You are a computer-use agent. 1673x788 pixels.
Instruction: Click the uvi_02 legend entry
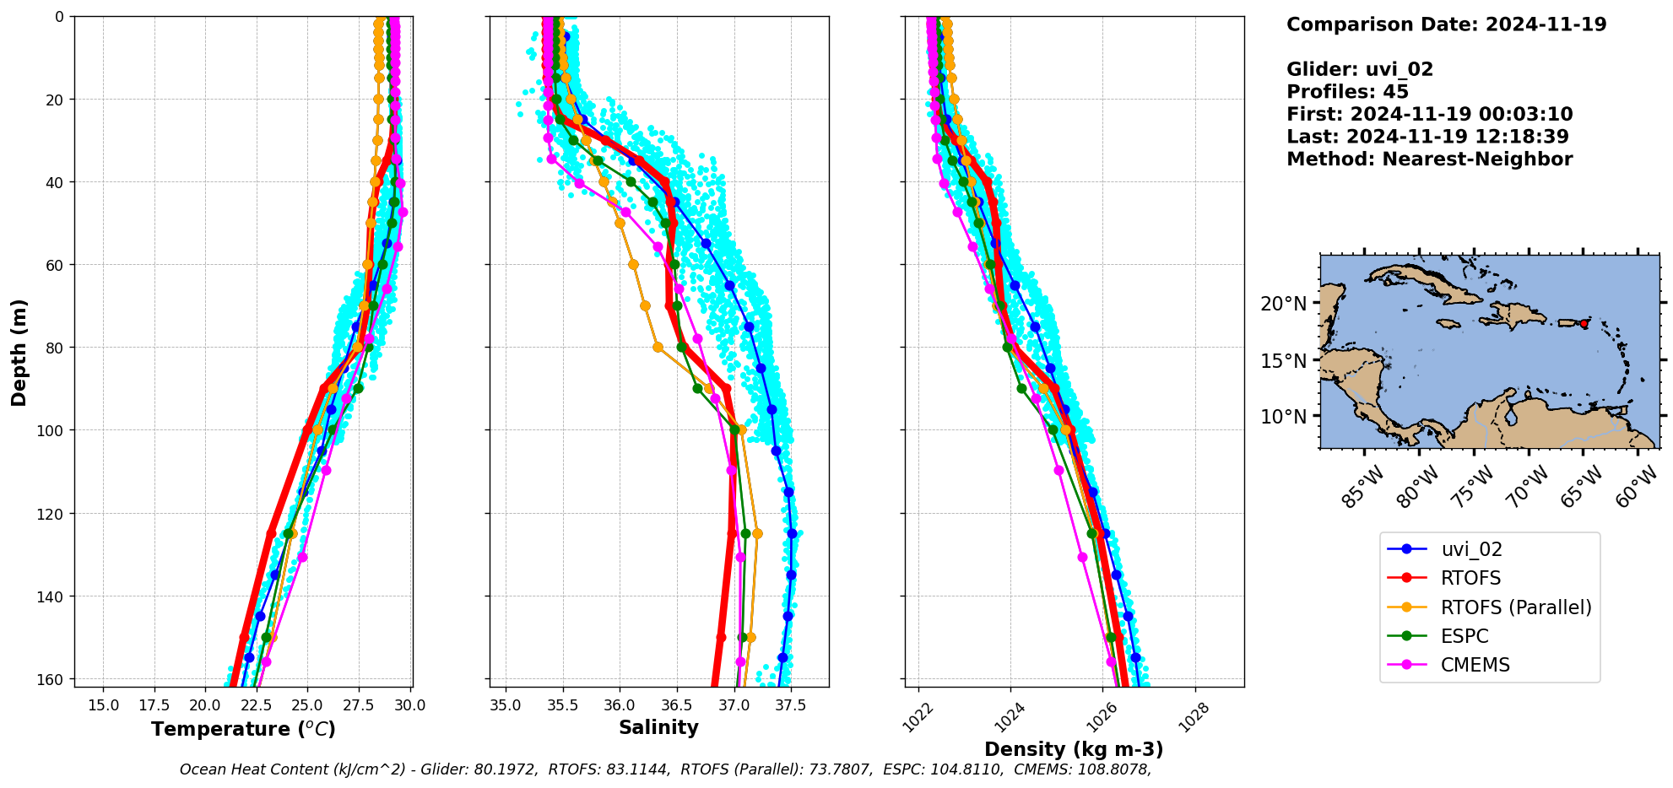point(1471,549)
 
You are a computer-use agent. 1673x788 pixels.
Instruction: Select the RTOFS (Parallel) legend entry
point(1515,607)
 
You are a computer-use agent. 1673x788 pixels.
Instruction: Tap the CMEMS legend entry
point(1475,665)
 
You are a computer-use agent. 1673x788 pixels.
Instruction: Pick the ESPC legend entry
point(1464,636)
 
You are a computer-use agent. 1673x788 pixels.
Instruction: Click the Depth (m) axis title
point(19,352)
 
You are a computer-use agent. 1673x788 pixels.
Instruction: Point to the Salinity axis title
point(658,727)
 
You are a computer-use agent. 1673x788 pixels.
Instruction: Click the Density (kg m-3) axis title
point(1074,749)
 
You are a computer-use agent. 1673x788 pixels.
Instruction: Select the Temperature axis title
point(243,729)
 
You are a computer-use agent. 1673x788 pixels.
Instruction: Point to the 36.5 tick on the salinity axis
point(677,705)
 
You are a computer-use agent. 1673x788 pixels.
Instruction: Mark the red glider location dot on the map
point(1584,324)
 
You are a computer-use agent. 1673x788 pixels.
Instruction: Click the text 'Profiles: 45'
point(1347,92)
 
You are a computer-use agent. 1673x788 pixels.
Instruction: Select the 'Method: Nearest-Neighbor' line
point(1429,159)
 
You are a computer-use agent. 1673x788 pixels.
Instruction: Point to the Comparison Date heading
point(1446,24)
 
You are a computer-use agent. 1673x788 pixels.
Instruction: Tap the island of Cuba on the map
point(1427,283)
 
